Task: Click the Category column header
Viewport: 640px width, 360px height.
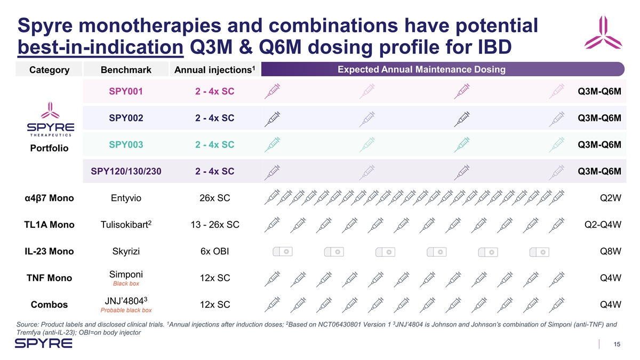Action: [x=49, y=70]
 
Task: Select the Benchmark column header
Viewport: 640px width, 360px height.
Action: [x=126, y=70]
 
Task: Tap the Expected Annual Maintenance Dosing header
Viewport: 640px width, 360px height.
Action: [x=422, y=70]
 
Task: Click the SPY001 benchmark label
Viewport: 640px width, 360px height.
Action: [x=126, y=91]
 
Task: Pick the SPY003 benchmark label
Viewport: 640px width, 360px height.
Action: [x=126, y=145]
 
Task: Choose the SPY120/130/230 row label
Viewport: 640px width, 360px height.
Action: [x=126, y=171]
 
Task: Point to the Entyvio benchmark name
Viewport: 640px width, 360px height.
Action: [x=126, y=198]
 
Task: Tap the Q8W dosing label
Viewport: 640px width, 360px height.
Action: [x=610, y=251]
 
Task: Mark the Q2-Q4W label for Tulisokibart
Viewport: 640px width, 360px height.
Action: [x=603, y=225]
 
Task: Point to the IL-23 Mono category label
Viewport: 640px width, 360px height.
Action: [x=49, y=251]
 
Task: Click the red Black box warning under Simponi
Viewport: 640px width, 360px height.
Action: [x=126, y=284]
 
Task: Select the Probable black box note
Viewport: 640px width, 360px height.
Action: [x=126, y=310]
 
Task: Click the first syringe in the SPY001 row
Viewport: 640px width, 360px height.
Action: [x=273, y=92]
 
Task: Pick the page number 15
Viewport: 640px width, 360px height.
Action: [x=617, y=345]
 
